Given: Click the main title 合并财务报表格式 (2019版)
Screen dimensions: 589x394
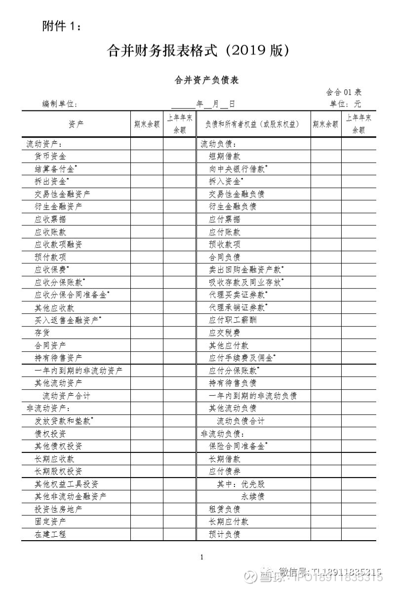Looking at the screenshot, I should click(x=197, y=51).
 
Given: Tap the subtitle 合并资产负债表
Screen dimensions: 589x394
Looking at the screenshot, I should click(x=206, y=80).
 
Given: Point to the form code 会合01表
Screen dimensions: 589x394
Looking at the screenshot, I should click(x=344, y=92).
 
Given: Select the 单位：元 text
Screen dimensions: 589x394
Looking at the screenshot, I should click(x=346, y=104).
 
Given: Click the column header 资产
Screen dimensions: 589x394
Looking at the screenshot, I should click(x=76, y=124).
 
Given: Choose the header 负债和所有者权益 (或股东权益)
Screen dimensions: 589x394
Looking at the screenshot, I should click(x=253, y=124).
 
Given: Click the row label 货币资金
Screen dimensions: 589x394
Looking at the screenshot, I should click(x=50, y=156).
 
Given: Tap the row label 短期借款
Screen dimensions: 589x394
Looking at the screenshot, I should click(x=225, y=156).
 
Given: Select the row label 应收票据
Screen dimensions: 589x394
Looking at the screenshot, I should click(x=50, y=219).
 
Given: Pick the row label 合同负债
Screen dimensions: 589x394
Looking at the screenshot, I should click(x=225, y=257).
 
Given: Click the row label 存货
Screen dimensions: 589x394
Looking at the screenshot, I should click(x=42, y=332).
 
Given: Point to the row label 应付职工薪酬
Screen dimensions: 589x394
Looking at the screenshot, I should click(x=233, y=320).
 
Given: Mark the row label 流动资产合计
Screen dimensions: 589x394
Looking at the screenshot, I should click(x=66, y=396).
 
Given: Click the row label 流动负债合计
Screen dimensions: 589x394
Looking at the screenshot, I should click(x=240, y=421).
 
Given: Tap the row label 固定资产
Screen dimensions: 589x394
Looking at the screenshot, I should click(x=50, y=521).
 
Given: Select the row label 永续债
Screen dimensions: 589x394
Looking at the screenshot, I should click(x=252, y=496).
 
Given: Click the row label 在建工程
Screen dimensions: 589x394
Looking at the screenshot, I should click(x=50, y=534).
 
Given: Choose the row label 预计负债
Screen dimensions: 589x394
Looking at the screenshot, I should click(x=225, y=534).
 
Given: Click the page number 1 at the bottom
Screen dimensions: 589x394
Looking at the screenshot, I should click(x=202, y=557).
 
